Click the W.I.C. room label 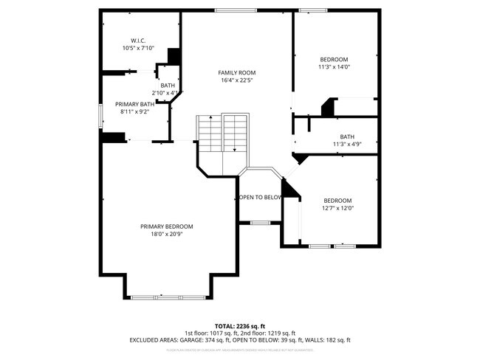[x=139, y=40]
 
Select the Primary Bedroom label [x=167, y=226]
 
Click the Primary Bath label [x=134, y=105]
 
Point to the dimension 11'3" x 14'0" [x=333, y=67]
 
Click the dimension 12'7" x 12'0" [x=338, y=208]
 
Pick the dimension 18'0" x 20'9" [x=167, y=234]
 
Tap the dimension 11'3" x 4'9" [x=346, y=144]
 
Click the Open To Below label [x=260, y=197]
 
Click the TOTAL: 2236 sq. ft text [x=240, y=325]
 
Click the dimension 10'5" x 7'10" [x=139, y=48]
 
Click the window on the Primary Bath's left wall [x=101, y=117]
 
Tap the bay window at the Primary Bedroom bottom [x=167, y=297]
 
